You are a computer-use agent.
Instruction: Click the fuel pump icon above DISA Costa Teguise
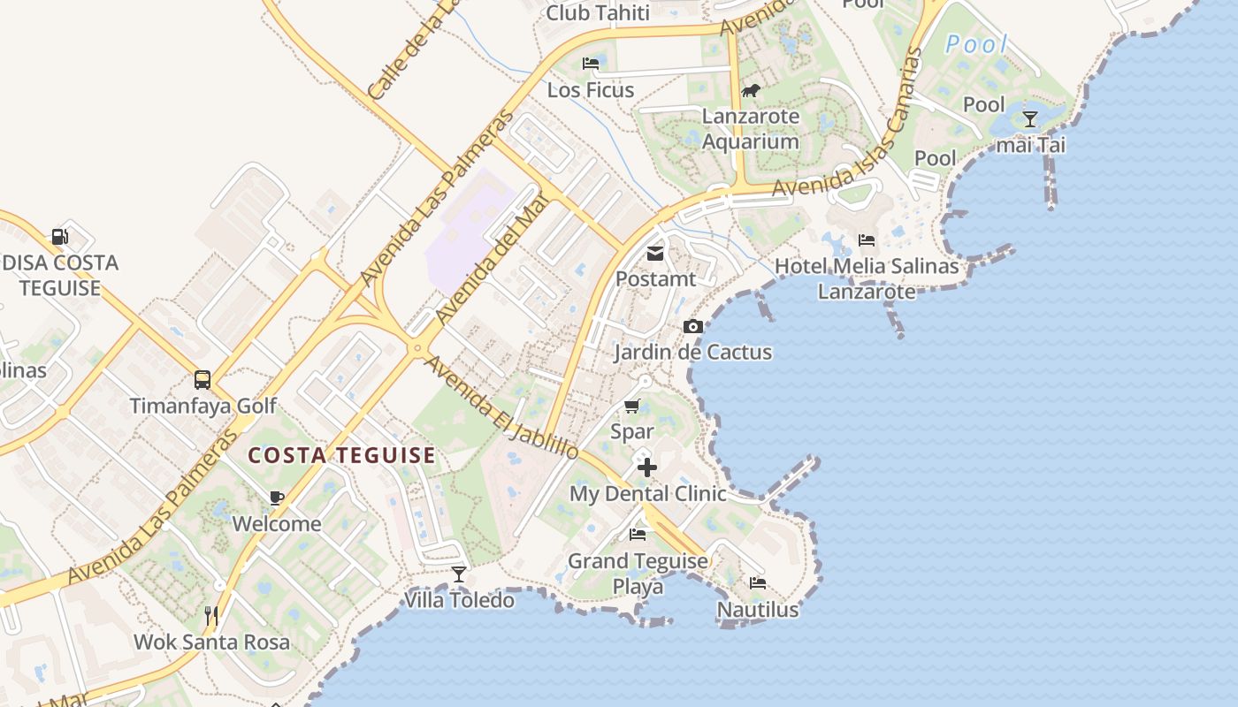(x=59, y=237)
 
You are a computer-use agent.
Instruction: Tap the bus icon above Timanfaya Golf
(x=203, y=380)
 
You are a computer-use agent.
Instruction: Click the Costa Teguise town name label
(x=341, y=456)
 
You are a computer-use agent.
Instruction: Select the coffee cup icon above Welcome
(x=277, y=498)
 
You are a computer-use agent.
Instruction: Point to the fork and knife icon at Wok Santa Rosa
(x=210, y=615)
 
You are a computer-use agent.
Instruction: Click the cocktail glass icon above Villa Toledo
(x=458, y=574)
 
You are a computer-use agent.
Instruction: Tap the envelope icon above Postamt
(x=655, y=254)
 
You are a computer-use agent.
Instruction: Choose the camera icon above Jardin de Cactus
(x=693, y=327)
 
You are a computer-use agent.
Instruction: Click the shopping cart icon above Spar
(x=631, y=407)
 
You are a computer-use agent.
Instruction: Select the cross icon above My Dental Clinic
(x=647, y=468)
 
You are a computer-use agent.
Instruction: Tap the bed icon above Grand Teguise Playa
(x=637, y=535)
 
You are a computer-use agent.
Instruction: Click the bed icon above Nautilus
(x=758, y=583)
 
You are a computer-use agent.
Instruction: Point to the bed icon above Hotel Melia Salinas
(x=867, y=240)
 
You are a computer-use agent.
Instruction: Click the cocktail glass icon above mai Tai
(x=1029, y=119)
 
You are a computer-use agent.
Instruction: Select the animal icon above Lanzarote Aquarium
(x=751, y=91)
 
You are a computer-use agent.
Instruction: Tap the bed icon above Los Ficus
(x=591, y=64)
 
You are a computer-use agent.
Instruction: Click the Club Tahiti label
(x=598, y=12)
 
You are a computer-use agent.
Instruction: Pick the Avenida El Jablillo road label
(x=501, y=407)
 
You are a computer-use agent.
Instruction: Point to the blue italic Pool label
(x=976, y=44)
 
